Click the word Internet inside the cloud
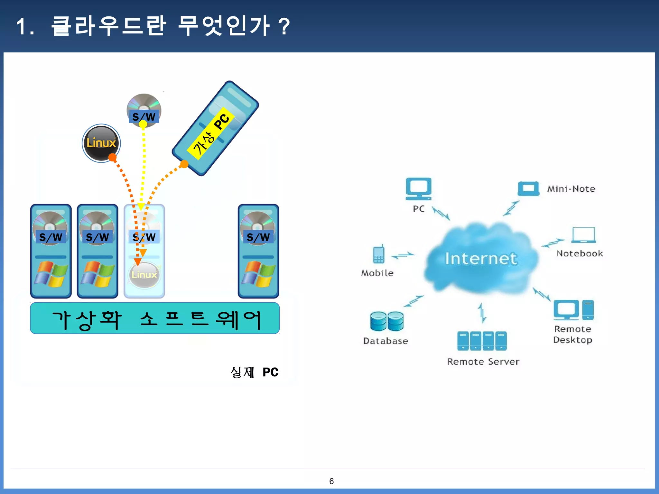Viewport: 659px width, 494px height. coord(481,259)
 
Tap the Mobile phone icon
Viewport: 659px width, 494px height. coord(379,254)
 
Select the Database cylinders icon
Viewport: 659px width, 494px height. coord(387,321)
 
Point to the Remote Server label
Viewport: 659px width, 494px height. coord(483,361)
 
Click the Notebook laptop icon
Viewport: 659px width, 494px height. coord(583,235)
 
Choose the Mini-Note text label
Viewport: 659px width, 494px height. coord(571,189)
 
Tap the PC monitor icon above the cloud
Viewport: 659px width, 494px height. coord(418,188)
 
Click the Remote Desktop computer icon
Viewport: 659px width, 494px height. coord(573,310)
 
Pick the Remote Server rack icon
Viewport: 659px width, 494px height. coord(482,341)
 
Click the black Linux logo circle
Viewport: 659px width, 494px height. coord(101,143)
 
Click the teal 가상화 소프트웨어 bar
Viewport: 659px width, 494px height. coord(155,318)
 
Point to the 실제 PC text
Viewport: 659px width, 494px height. coord(255,372)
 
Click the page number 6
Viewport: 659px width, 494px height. coord(331,481)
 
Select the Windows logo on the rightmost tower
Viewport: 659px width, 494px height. coord(258,274)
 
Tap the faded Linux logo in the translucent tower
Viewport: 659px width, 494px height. coord(144,275)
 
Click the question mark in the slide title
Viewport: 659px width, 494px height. coord(284,26)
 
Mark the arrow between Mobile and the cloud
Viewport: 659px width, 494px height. coord(403,256)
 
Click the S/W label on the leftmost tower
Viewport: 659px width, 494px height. coord(51,237)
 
